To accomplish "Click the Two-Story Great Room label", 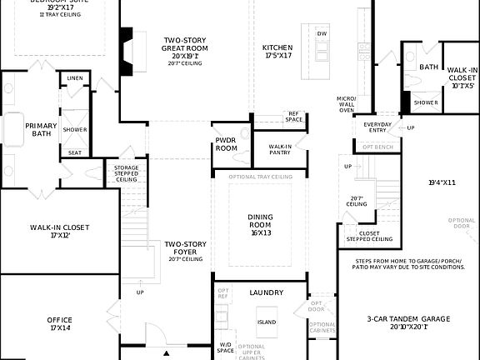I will point(185,45).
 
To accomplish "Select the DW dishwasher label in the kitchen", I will point(322,33).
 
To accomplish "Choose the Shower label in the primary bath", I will point(75,130).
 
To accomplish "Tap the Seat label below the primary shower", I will point(75,152).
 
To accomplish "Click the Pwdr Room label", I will point(227,144).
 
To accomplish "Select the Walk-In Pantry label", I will point(280,149).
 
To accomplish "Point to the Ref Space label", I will point(293,117).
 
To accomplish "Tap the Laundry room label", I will point(267,292).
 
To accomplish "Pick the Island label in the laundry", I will point(267,321).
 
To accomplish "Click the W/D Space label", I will point(226,347).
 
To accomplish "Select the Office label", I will point(60,323).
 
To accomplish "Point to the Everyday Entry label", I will point(377,127).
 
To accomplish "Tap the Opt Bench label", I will point(377,147).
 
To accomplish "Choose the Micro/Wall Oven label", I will point(347,103).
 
